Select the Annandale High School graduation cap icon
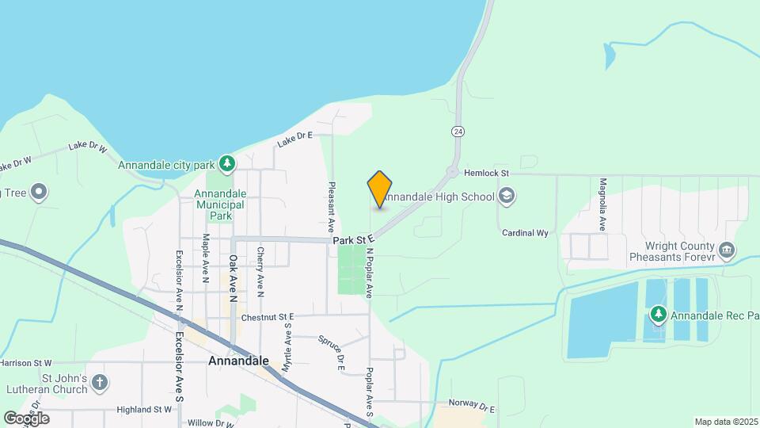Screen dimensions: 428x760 [507, 197]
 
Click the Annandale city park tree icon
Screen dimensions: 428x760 [227, 164]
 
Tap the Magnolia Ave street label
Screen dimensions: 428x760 [602, 204]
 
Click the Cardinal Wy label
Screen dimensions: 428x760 [525, 233]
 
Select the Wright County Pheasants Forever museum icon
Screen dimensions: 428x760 [728, 251]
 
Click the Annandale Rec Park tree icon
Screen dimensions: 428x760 [658, 315]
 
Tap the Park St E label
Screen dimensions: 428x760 [352, 239]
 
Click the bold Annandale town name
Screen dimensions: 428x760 [238, 361]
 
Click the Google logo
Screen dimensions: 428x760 [26, 418]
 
